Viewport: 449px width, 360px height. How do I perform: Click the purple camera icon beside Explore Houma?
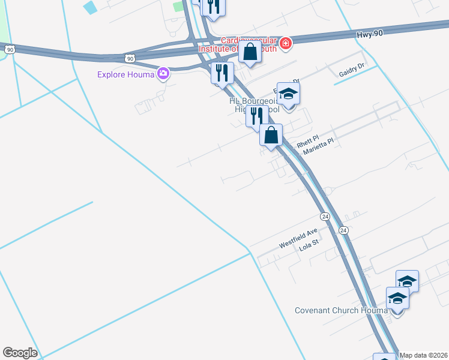pos(163,74)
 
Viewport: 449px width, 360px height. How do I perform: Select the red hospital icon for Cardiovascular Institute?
pos(286,43)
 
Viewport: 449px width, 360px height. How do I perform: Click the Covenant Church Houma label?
pos(341,310)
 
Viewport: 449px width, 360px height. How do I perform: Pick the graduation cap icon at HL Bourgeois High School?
pos(289,94)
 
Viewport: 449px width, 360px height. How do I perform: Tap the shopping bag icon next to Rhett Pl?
pos(271,134)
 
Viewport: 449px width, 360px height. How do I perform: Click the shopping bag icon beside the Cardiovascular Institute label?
pos(250,52)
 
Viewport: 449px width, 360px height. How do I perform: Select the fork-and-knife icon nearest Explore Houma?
pos(223,73)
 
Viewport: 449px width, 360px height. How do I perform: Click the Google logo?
pos(20,353)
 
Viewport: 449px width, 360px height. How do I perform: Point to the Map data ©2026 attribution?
pos(424,355)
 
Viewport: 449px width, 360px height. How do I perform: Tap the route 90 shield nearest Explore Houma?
pos(131,58)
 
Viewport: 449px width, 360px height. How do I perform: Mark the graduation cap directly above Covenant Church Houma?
pos(396,298)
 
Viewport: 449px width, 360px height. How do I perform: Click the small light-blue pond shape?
pos(90,7)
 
